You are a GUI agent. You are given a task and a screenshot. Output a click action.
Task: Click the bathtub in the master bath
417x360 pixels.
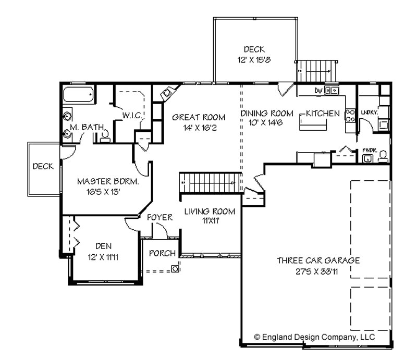[79, 95]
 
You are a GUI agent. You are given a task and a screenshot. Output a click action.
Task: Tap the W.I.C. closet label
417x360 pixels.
[132, 115]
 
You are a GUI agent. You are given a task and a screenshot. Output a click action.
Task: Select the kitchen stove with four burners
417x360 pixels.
[350, 115]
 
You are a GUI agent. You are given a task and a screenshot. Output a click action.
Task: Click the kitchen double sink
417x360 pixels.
[331, 91]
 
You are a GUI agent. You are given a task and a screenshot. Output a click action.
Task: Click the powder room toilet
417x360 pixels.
[383, 155]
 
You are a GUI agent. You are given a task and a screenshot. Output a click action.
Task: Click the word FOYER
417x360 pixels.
[159, 217]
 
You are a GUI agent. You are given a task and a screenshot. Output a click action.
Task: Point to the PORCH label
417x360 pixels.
[161, 254]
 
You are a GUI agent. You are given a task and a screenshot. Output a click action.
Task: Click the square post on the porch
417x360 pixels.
[176, 269]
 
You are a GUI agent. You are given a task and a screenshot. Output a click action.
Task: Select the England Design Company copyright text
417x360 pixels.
[314, 337]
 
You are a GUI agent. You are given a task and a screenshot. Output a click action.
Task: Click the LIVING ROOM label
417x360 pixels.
[210, 212]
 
